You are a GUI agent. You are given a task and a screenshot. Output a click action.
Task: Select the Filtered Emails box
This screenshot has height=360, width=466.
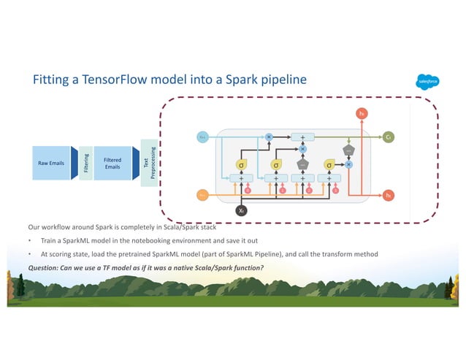[x=112, y=162]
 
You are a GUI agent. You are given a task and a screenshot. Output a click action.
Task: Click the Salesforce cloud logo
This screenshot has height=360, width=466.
[x=425, y=80]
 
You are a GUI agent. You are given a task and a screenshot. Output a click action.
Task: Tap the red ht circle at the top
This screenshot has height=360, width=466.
[x=361, y=112]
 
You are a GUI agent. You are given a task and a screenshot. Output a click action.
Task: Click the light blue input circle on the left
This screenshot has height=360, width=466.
[x=203, y=137]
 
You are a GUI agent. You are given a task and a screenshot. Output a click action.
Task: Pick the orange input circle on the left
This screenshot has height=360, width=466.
[x=203, y=195]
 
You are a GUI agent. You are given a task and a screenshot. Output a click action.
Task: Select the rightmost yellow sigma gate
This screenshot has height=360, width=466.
[x=329, y=165]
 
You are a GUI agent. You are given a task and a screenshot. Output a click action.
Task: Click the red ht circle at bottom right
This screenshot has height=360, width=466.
[x=389, y=195]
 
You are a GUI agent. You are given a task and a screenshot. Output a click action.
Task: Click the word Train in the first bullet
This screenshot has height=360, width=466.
[x=50, y=240]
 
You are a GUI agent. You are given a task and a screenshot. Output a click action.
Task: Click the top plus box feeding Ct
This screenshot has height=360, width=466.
[x=302, y=137]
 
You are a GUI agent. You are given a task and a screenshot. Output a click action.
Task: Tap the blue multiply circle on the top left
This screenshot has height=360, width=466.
[x=268, y=137]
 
